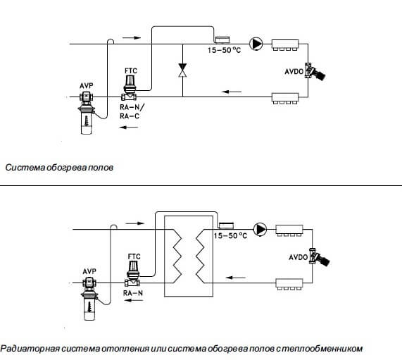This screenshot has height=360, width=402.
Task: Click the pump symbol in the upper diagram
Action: pyautogui.click(x=256, y=44)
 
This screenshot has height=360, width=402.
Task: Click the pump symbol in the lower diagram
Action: pyautogui.click(x=260, y=229)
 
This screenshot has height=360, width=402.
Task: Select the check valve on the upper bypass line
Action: pyautogui.click(x=182, y=70)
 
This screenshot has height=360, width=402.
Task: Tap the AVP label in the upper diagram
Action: pyautogui.click(x=87, y=86)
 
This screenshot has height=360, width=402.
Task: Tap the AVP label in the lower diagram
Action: pyautogui.click(x=89, y=271)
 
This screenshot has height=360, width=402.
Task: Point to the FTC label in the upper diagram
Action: pyautogui.click(x=131, y=71)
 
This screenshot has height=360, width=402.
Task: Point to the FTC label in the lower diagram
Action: pyautogui.click(x=134, y=256)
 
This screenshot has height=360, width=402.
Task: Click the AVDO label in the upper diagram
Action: pyautogui.click(x=294, y=71)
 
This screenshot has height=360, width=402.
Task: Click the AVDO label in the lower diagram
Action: pyautogui.click(x=299, y=257)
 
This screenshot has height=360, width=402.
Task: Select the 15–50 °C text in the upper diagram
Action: pyautogui.click(x=225, y=50)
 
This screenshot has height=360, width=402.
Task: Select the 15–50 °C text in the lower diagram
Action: pyautogui.click(x=230, y=235)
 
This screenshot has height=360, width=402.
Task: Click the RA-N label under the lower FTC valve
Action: pyautogui.click(x=133, y=293)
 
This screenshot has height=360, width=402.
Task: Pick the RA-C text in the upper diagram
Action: pyautogui.click(x=130, y=116)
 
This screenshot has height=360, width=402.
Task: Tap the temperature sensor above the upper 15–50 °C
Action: pyautogui.click(x=222, y=39)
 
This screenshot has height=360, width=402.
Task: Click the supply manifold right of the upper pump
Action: pyautogui.click(x=285, y=44)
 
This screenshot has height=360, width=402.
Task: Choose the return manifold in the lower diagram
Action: pyautogui.click(x=289, y=284)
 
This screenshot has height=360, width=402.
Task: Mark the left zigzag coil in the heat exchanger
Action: pyautogui.click(x=177, y=256)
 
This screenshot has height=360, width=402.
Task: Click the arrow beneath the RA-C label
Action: pyautogui.click(x=129, y=127)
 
